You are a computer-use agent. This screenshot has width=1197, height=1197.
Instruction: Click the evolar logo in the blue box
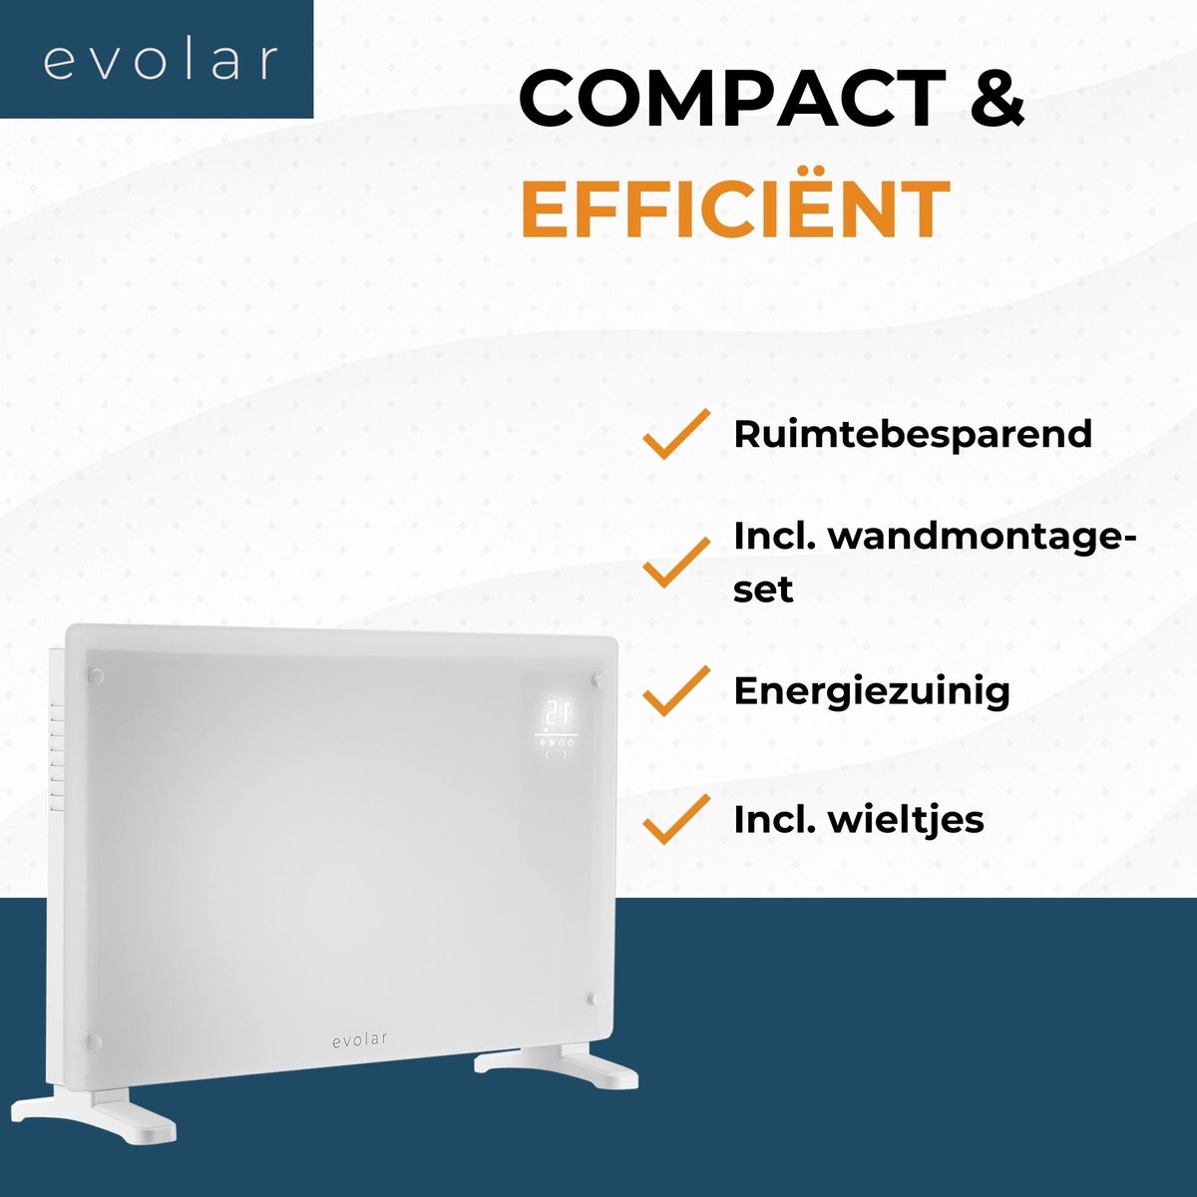[x=160, y=61]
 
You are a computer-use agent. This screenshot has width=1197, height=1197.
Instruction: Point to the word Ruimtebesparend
[x=913, y=434]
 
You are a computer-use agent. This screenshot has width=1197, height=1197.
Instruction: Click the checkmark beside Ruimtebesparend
[x=676, y=434]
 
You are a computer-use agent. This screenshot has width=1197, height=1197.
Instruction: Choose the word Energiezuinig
[x=872, y=692]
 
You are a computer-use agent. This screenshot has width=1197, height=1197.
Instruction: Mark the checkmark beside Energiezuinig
[x=676, y=690]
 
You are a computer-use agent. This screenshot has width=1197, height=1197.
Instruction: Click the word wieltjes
[x=907, y=820]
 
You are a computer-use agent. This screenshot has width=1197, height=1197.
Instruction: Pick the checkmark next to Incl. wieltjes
[x=676, y=819]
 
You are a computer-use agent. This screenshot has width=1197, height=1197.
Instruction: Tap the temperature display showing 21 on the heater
[x=558, y=711]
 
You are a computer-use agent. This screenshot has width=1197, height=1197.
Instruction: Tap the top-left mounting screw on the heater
[x=96, y=674]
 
